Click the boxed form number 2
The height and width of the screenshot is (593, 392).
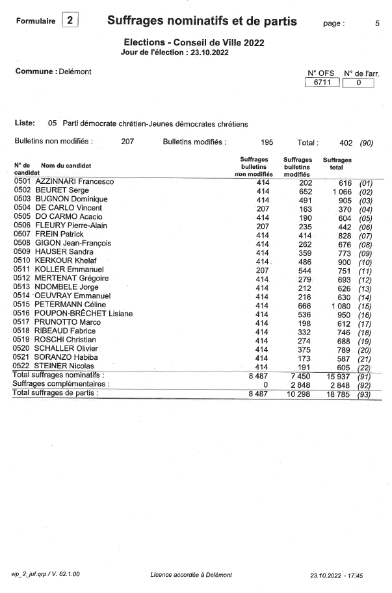(70, 21)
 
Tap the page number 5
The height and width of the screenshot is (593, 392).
(377, 23)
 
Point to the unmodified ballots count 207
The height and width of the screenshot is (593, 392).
(127, 141)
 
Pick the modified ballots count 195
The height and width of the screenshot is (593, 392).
(267, 141)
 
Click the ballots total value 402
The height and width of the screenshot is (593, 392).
(346, 142)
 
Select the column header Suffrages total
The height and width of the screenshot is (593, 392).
(337, 163)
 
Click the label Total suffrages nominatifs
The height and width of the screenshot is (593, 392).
(59, 375)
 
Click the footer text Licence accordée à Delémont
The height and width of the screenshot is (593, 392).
(190, 575)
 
